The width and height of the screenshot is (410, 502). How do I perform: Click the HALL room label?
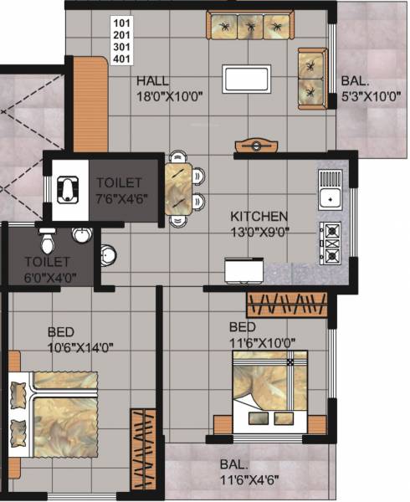coord(153,81)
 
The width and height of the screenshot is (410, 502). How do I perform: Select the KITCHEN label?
coord(259,216)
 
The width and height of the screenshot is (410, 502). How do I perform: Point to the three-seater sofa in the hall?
coord(249,27)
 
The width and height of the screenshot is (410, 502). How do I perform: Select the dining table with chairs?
coord(183,189)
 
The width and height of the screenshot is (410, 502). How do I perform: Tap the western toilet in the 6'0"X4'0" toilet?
coord(48,242)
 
